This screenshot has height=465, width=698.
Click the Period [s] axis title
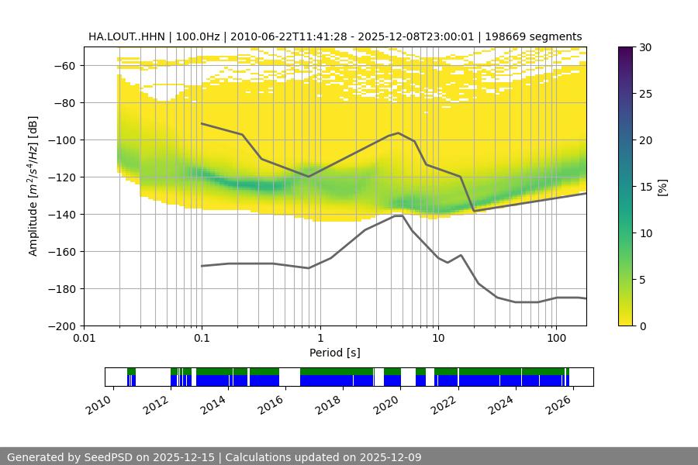tap(335, 353)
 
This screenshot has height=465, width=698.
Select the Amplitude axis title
tap(33, 186)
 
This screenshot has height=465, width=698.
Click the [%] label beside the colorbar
tap(662, 187)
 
